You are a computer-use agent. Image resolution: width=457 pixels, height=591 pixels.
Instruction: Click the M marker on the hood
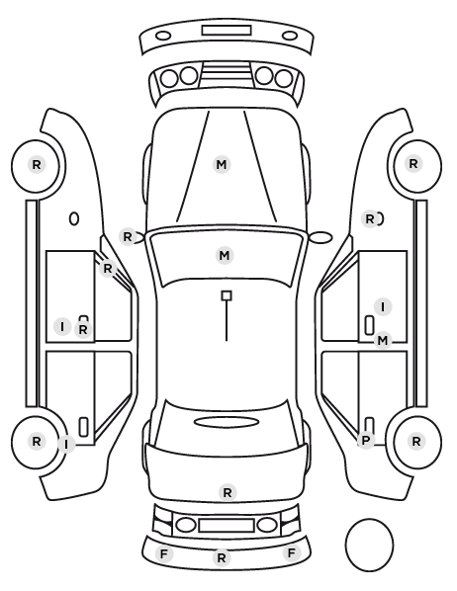222,165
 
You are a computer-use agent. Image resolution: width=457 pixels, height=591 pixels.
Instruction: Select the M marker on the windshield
225,255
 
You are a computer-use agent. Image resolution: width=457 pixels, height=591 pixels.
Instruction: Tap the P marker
365,440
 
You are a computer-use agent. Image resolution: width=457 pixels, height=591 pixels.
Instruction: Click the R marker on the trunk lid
228,492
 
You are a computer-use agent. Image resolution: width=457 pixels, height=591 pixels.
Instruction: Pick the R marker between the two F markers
222,557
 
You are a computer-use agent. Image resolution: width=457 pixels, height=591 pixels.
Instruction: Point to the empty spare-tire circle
369,545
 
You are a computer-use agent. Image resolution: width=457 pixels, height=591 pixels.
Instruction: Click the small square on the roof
227,295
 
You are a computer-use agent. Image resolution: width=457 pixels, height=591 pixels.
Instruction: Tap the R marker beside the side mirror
128,237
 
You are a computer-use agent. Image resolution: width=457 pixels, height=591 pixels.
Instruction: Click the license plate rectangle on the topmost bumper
227,31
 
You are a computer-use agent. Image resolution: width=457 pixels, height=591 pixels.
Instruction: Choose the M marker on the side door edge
382,341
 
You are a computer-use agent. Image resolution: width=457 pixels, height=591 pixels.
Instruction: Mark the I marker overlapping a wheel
66,445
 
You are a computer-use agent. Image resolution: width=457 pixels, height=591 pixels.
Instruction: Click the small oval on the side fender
74,218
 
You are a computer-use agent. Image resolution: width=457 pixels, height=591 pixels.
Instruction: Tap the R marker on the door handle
83,330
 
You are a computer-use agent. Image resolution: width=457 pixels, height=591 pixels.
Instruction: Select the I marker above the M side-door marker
383,306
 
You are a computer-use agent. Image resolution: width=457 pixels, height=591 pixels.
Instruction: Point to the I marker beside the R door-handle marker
62,326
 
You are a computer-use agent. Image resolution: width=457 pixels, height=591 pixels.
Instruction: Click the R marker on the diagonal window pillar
108,269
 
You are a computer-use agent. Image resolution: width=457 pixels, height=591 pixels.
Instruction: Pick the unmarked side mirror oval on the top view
321,237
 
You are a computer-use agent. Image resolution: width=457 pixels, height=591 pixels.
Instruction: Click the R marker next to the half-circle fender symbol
370,218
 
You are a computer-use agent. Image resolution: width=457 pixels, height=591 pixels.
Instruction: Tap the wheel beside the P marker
417,441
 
